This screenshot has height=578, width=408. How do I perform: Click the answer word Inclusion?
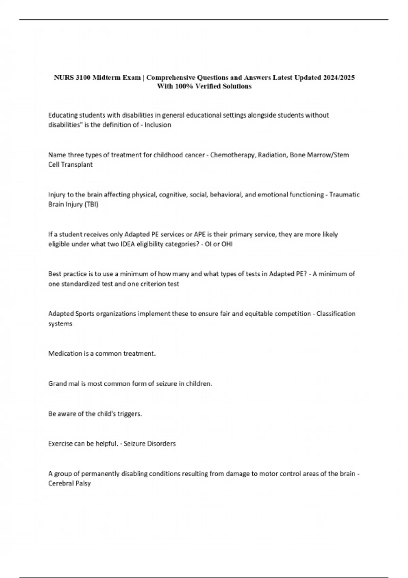(x=158, y=125)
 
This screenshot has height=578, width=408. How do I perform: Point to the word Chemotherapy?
(x=233, y=155)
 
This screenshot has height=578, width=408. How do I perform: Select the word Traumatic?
(x=344, y=195)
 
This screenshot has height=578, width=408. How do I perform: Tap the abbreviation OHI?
(x=227, y=244)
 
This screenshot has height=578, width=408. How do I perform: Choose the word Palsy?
(x=84, y=483)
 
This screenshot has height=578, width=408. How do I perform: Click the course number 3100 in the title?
(x=83, y=78)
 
